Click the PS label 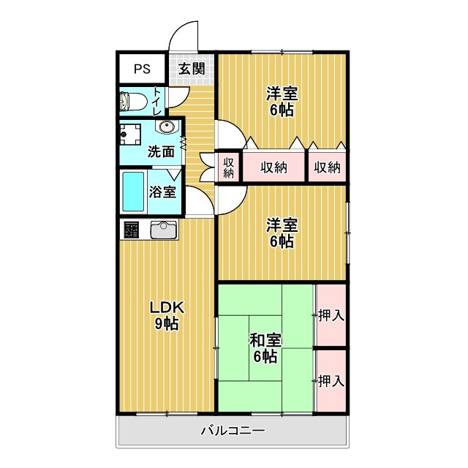142,69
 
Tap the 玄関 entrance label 192,69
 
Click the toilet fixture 133,101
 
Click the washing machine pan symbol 130,135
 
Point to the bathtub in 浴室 133,192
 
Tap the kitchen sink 164,230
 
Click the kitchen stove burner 132,230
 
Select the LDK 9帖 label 167,315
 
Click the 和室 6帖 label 265,348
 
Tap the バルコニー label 233,431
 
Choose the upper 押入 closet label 331,315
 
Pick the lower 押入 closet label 331,381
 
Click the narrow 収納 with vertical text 229,167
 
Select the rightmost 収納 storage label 327,167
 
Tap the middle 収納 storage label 273,167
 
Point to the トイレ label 157,101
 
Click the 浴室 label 162,192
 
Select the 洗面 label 161,152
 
